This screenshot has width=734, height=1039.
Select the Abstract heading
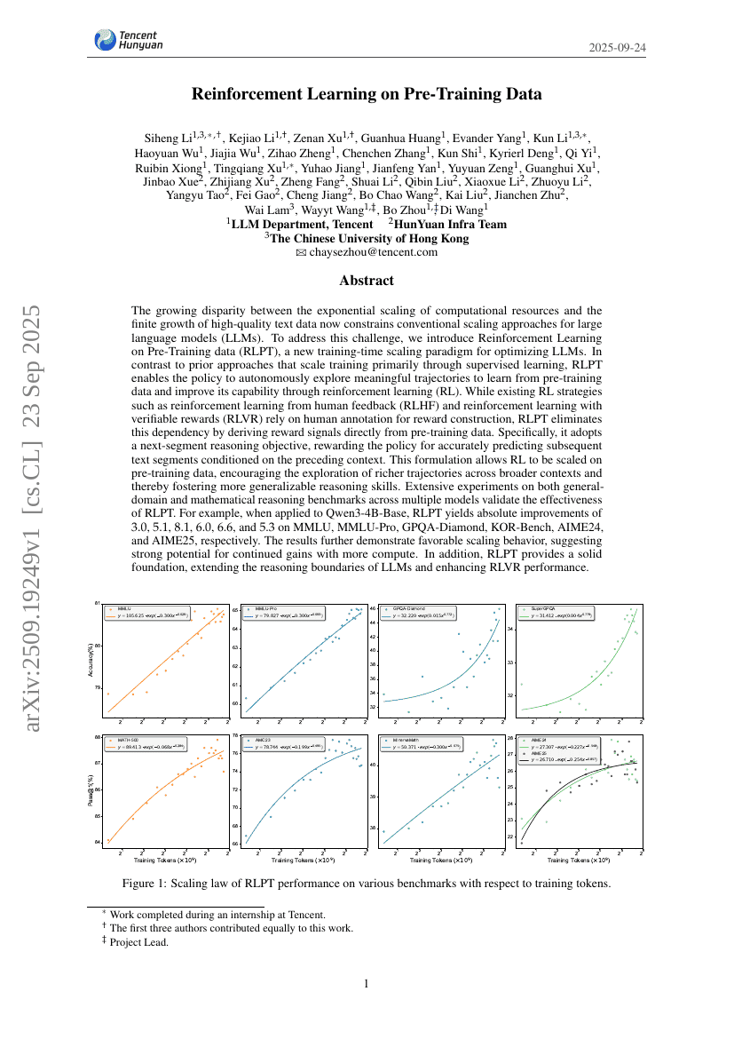coord(367,281)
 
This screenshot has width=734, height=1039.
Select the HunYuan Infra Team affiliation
coord(451,225)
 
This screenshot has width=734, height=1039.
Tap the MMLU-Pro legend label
coord(267,609)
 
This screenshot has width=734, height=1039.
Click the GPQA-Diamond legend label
coord(410,609)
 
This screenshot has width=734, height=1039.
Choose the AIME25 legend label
coord(540,752)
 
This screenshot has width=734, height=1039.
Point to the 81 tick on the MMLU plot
coord(99,604)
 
